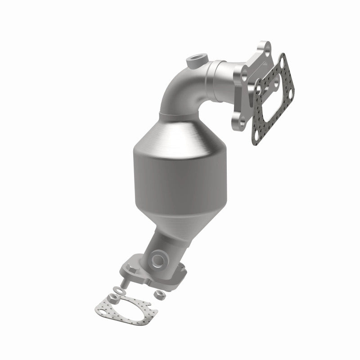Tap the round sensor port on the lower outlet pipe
[159, 259]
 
